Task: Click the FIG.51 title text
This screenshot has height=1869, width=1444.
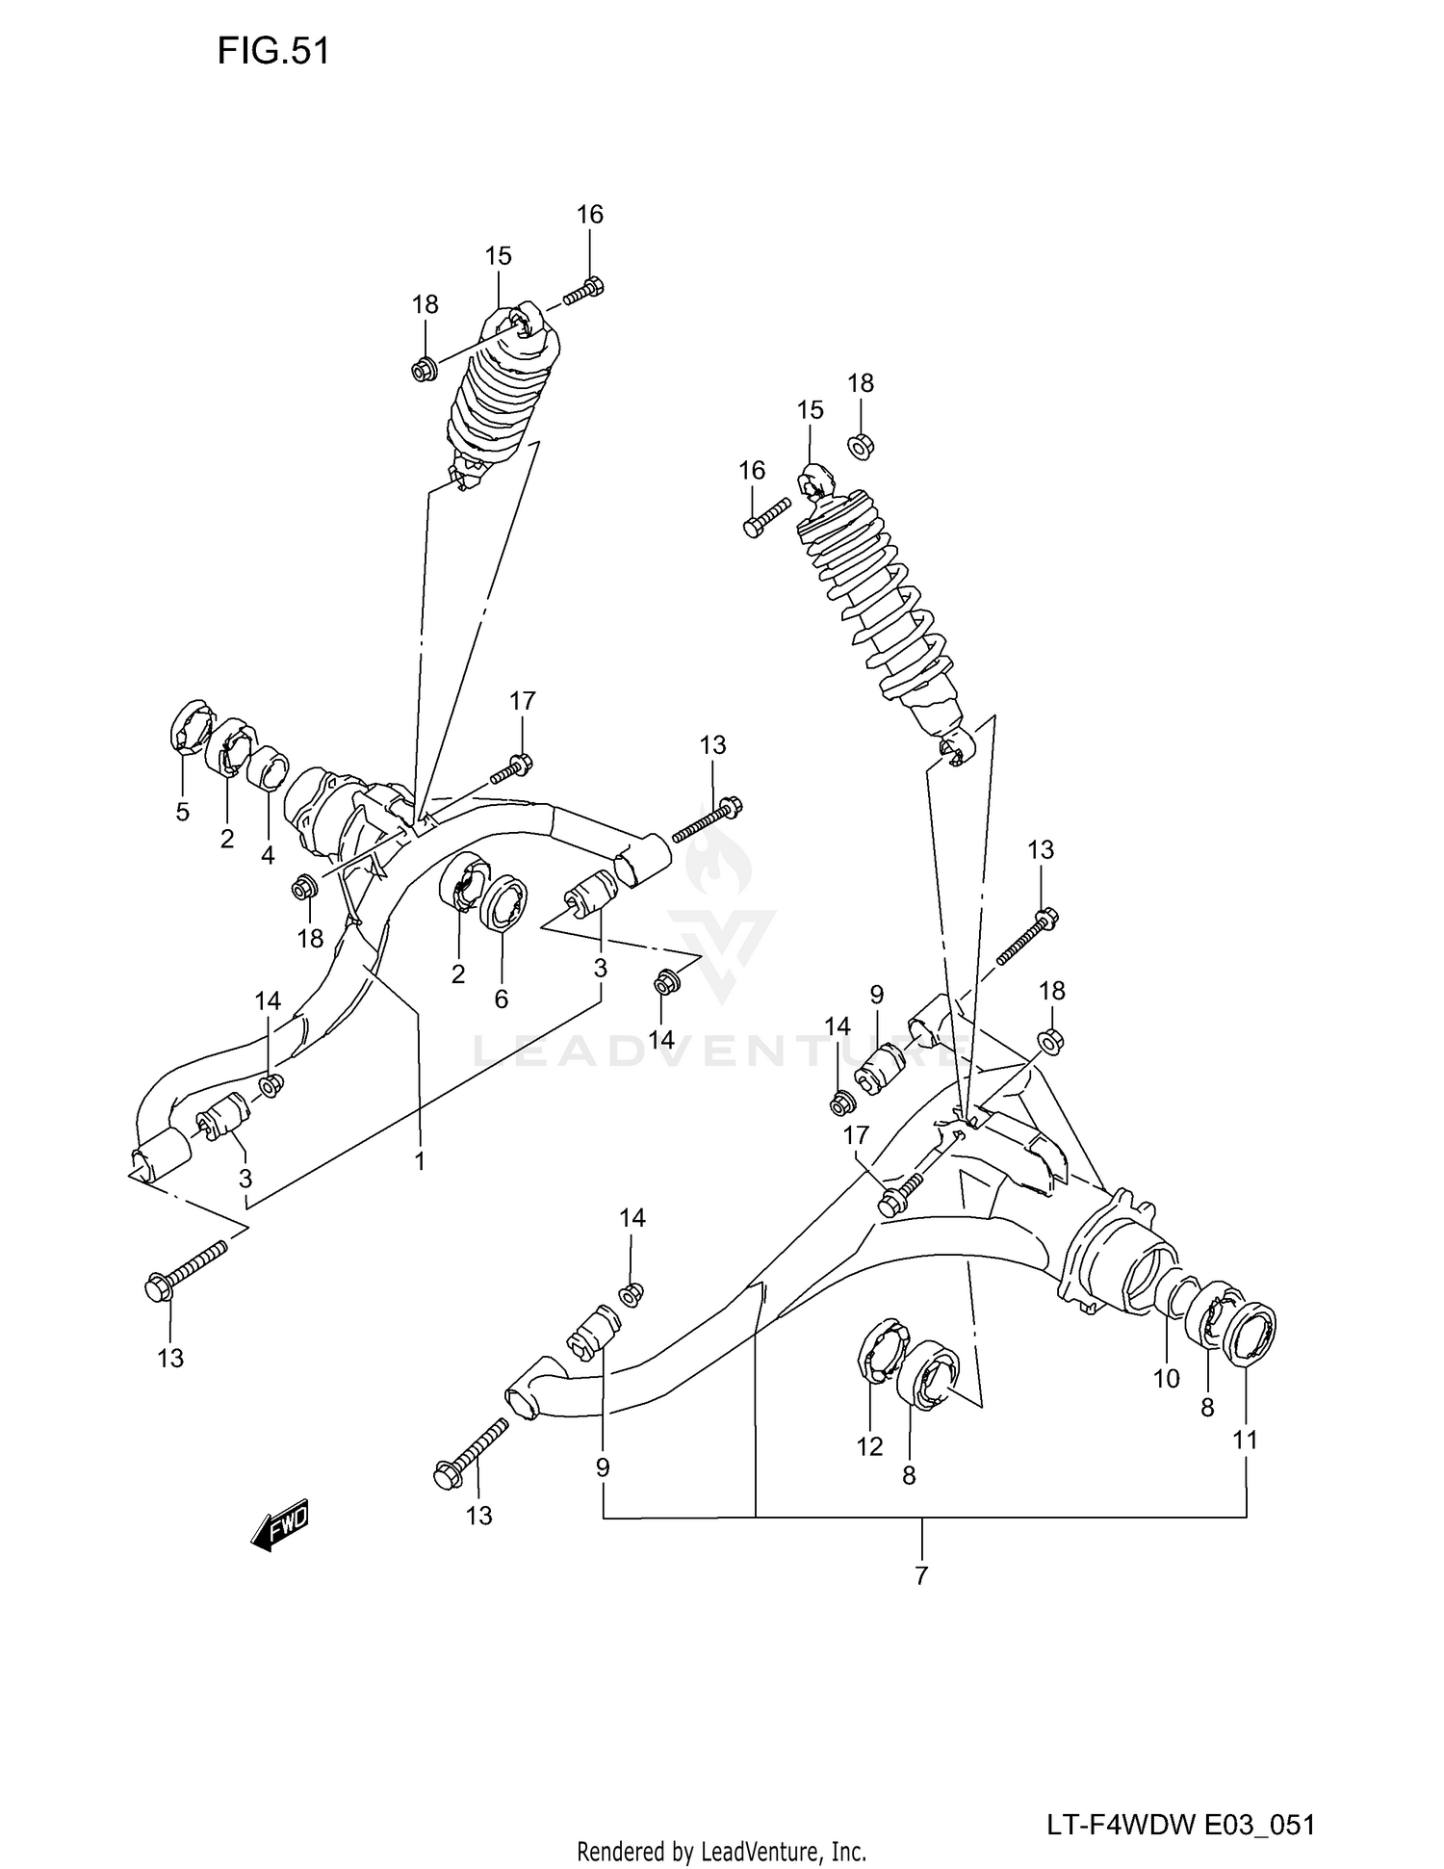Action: [x=273, y=51]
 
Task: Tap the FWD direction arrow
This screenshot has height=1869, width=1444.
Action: [x=280, y=1525]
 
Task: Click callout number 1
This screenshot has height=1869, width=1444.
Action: [x=420, y=1162]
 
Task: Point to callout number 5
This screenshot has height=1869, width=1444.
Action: [x=182, y=812]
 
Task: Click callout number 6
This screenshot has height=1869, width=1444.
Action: [x=501, y=999]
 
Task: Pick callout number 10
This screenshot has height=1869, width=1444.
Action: [x=1166, y=1379]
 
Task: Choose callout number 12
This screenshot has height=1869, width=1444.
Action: [x=869, y=1446]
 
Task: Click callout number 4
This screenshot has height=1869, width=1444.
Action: [x=268, y=854]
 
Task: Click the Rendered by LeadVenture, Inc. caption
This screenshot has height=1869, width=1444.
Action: [x=721, y=1853]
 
